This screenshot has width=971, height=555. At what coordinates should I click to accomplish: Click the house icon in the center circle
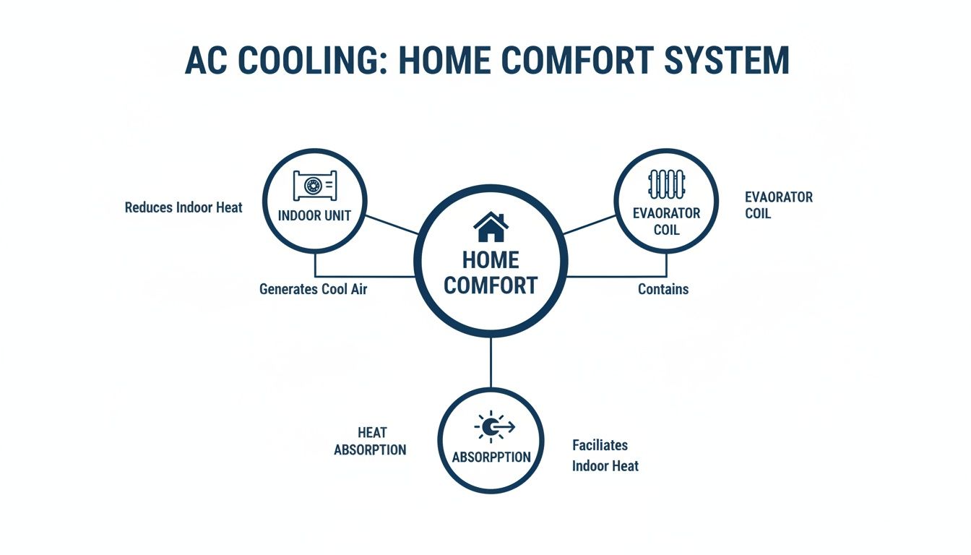tap(491, 227)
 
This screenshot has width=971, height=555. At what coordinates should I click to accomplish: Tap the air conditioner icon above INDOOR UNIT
tap(314, 186)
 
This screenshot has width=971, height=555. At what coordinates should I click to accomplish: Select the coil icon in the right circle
tap(666, 184)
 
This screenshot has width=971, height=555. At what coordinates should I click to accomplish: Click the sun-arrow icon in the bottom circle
tap(493, 428)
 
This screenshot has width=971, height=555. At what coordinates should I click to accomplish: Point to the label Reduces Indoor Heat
tap(184, 208)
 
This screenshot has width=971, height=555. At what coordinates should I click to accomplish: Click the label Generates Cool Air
tap(313, 290)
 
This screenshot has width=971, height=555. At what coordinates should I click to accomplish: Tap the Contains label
tap(663, 290)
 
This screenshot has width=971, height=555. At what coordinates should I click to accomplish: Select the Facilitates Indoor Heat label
tap(605, 456)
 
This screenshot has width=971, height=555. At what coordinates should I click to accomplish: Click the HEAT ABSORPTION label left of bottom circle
tap(371, 442)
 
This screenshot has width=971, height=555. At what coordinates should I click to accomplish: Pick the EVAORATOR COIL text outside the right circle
tap(778, 205)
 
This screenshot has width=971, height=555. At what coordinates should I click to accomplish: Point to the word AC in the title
tap(204, 62)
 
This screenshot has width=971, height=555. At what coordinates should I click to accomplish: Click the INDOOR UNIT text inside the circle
tap(314, 216)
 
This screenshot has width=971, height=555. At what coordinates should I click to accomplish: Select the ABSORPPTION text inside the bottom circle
tap(491, 457)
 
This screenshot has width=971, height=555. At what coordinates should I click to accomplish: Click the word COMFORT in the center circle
tap(491, 285)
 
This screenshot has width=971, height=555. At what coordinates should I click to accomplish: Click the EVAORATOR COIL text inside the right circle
tap(666, 221)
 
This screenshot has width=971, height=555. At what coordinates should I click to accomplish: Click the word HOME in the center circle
tap(491, 259)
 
